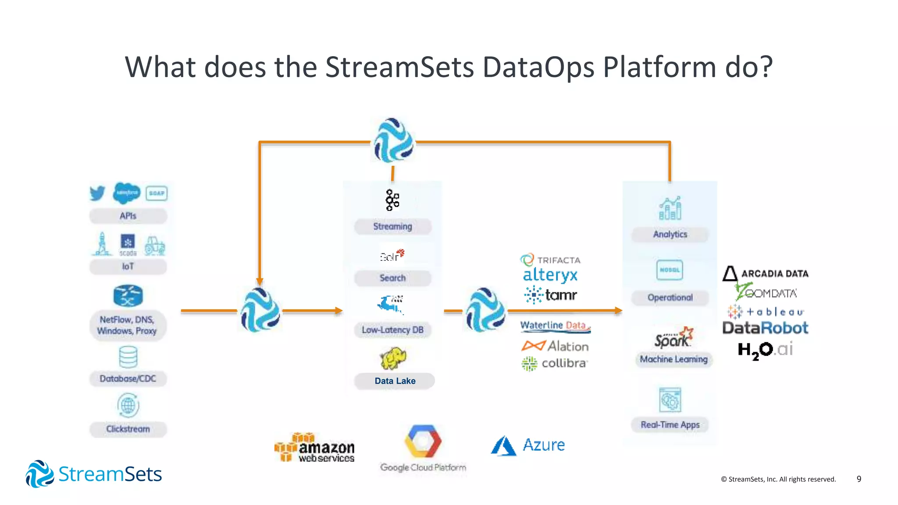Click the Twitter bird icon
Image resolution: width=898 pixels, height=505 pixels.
coord(97,193)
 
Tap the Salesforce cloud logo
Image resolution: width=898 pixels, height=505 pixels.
coord(126,193)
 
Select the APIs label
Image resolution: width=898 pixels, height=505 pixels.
coord(128,216)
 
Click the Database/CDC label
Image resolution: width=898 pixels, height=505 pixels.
coord(128,378)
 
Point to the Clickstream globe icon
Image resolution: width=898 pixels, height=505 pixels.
coord(128,405)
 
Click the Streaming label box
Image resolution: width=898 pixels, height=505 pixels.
coord(392,226)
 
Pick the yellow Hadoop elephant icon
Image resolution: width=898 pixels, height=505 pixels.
coord(392,358)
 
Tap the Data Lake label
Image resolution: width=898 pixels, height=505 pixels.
coord(395,381)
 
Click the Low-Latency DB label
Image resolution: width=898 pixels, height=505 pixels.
coord(392,330)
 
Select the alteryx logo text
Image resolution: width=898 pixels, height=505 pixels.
coord(550,275)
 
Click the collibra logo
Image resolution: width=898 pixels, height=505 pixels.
coord(554,363)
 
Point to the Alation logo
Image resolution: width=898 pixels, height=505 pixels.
coord(555,346)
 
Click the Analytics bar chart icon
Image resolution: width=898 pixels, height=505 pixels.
coord(670,208)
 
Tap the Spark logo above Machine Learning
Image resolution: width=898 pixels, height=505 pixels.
coord(673,338)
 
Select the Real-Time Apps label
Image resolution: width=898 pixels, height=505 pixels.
coord(670,424)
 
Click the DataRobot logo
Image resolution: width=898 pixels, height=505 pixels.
coord(765,328)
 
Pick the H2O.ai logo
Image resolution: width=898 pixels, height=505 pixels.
coord(765,350)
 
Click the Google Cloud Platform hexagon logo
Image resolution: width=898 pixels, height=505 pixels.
coord(423,441)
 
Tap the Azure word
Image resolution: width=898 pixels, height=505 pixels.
coord(544,445)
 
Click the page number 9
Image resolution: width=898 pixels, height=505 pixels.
coord(859,479)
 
